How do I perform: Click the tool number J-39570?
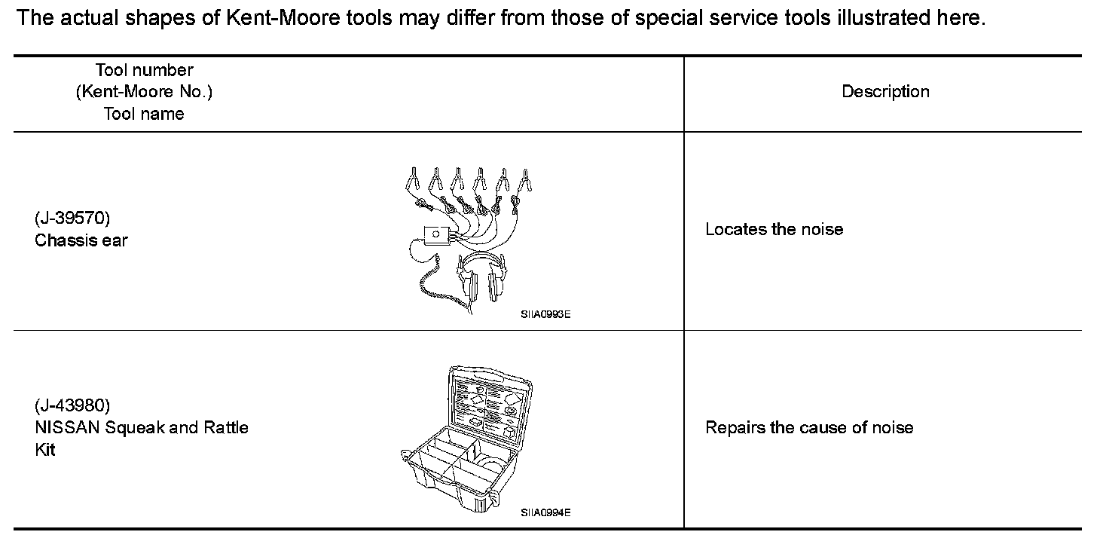[x=72, y=219]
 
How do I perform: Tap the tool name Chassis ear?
[x=81, y=240]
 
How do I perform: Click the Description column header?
[x=885, y=92]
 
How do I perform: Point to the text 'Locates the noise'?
[x=774, y=229]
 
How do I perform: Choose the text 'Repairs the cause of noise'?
[x=808, y=427]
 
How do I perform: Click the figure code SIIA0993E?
[x=545, y=315]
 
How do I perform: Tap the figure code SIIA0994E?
[x=545, y=512]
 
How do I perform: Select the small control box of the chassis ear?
[x=435, y=235]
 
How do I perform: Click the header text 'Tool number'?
[x=144, y=70]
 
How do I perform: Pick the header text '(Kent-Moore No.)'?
[x=144, y=92]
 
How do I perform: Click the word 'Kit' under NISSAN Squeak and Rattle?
[x=45, y=450]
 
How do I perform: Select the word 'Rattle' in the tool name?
[x=225, y=427]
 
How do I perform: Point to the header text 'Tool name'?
[x=144, y=114]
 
